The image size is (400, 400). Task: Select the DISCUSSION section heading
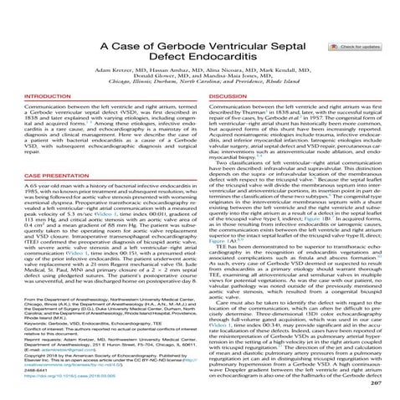coord(228,94)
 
